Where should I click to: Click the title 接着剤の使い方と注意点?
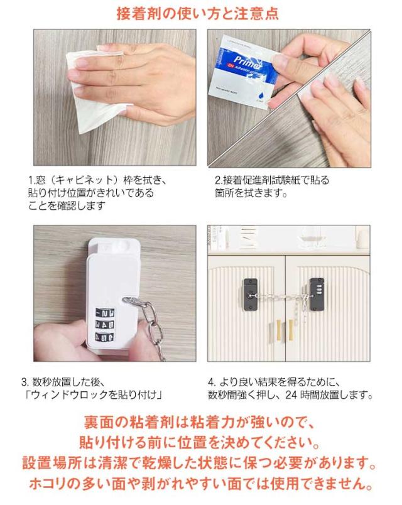point(197,14)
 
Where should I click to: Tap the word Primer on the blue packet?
point(247,62)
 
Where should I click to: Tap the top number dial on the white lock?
point(105,312)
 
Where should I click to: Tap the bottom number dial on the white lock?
point(105,337)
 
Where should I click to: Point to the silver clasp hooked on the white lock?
point(133,301)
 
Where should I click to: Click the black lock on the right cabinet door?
point(317,294)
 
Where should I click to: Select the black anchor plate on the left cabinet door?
point(251,295)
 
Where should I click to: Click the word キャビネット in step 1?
point(86,180)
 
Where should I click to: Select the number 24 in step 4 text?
point(291,394)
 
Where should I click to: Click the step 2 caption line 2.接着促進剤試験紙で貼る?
point(272,180)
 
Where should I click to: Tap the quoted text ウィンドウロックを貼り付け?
point(94,394)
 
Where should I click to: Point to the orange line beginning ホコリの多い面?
point(200,484)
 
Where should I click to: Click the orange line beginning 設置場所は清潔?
point(199,463)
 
